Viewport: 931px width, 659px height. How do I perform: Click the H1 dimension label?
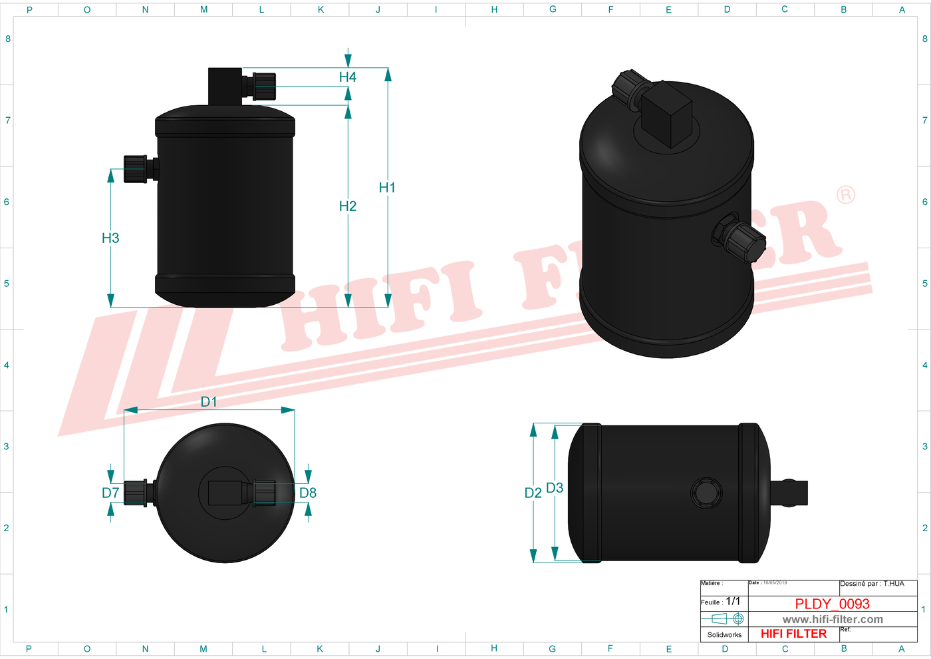(387, 188)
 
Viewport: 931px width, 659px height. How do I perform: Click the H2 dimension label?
(347, 206)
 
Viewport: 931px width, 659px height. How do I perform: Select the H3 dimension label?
(110, 238)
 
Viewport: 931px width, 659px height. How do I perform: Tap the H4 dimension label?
(347, 77)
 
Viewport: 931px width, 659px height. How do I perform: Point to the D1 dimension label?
(209, 401)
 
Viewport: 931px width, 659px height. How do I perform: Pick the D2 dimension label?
(533, 493)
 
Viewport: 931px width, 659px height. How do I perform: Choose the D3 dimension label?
(555, 488)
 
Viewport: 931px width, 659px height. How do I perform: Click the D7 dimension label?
(110, 493)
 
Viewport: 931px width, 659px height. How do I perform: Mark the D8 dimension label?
(308, 493)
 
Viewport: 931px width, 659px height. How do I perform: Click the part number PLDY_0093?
(832, 604)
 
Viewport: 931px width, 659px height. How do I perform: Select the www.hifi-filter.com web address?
(833, 619)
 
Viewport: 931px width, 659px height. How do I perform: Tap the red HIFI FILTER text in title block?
(793, 634)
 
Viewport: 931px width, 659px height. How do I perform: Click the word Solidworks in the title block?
(724, 634)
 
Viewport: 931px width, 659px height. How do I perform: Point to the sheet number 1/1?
(733, 601)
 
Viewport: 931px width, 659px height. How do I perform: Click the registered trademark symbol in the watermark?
(845, 195)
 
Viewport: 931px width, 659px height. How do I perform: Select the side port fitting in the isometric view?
(739, 239)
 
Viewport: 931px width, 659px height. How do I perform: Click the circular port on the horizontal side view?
(706, 493)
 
